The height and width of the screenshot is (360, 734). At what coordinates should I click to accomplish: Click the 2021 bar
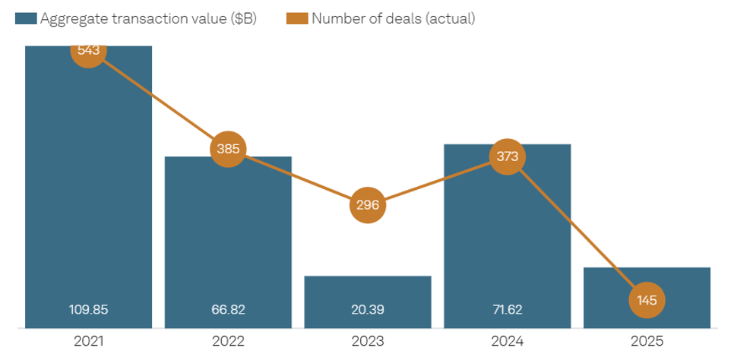pyautogui.click(x=88, y=190)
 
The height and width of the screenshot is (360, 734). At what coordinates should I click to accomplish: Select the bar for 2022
pyautogui.click(x=228, y=243)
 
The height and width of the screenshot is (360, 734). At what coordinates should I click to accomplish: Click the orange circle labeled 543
pyautogui.click(x=88, y=49)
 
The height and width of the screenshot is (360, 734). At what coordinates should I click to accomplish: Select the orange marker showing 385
pyautogui.click(x=228, y=149)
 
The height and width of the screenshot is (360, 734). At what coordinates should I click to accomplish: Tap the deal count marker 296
pyautogui.click(x=368, y=205)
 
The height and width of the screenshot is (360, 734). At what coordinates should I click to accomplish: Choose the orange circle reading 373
pyautogui.click(x=508, y=156)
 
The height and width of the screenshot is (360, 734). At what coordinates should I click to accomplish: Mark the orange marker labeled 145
pyautogui.click(x=647, y=300)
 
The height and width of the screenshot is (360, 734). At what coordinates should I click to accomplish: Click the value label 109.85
pyautogui.click(x=88, y=310)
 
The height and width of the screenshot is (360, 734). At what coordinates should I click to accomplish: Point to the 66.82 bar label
pyautogui.click(x=228, y=310)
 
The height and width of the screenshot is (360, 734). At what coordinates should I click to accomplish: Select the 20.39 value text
pyautogui.click(x=368, y=310)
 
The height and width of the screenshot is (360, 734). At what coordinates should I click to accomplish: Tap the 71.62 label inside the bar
pyautogui.click(x=508, y=310)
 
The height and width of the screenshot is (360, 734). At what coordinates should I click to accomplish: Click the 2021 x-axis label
pyautogui.click(x=88, y=343)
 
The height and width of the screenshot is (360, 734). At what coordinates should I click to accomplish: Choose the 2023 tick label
pyautogui.click(x=368, y=343)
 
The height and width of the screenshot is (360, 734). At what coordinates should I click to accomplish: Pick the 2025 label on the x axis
pyautogui.click(x=647, y=343)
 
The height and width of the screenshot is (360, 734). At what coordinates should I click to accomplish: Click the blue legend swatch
pyautogui.click(x=26, y=19)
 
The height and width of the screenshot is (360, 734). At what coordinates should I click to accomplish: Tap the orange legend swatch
pyautogui.click(x=298, y=19)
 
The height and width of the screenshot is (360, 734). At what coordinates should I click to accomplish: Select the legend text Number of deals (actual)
pyautogui.click(x=393, y=19)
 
